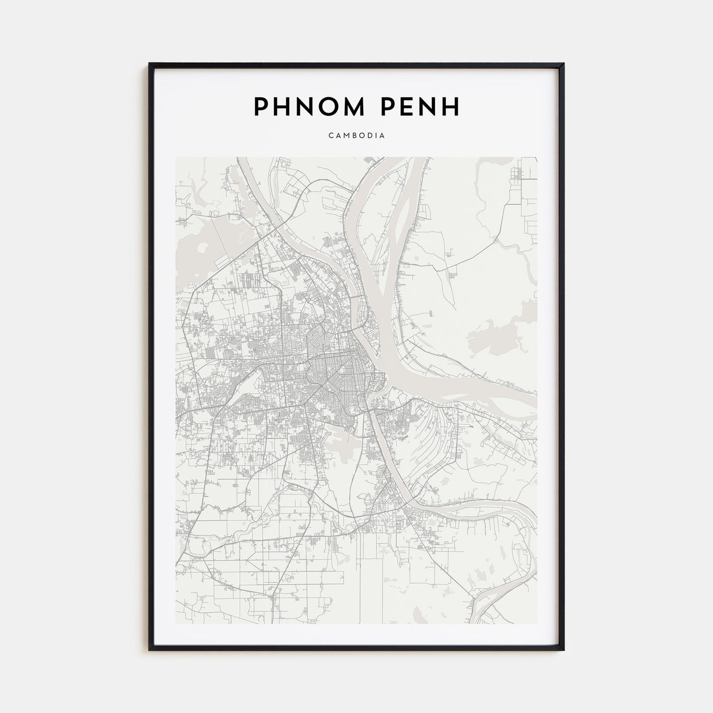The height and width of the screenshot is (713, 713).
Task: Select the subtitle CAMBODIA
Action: [356, 136]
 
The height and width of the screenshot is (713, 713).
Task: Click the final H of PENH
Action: [451, 106]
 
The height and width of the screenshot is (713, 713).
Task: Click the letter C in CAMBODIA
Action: [331, 136]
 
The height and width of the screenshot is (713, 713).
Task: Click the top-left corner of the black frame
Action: [150, 64]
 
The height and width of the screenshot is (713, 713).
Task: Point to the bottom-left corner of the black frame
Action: [150, 649]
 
